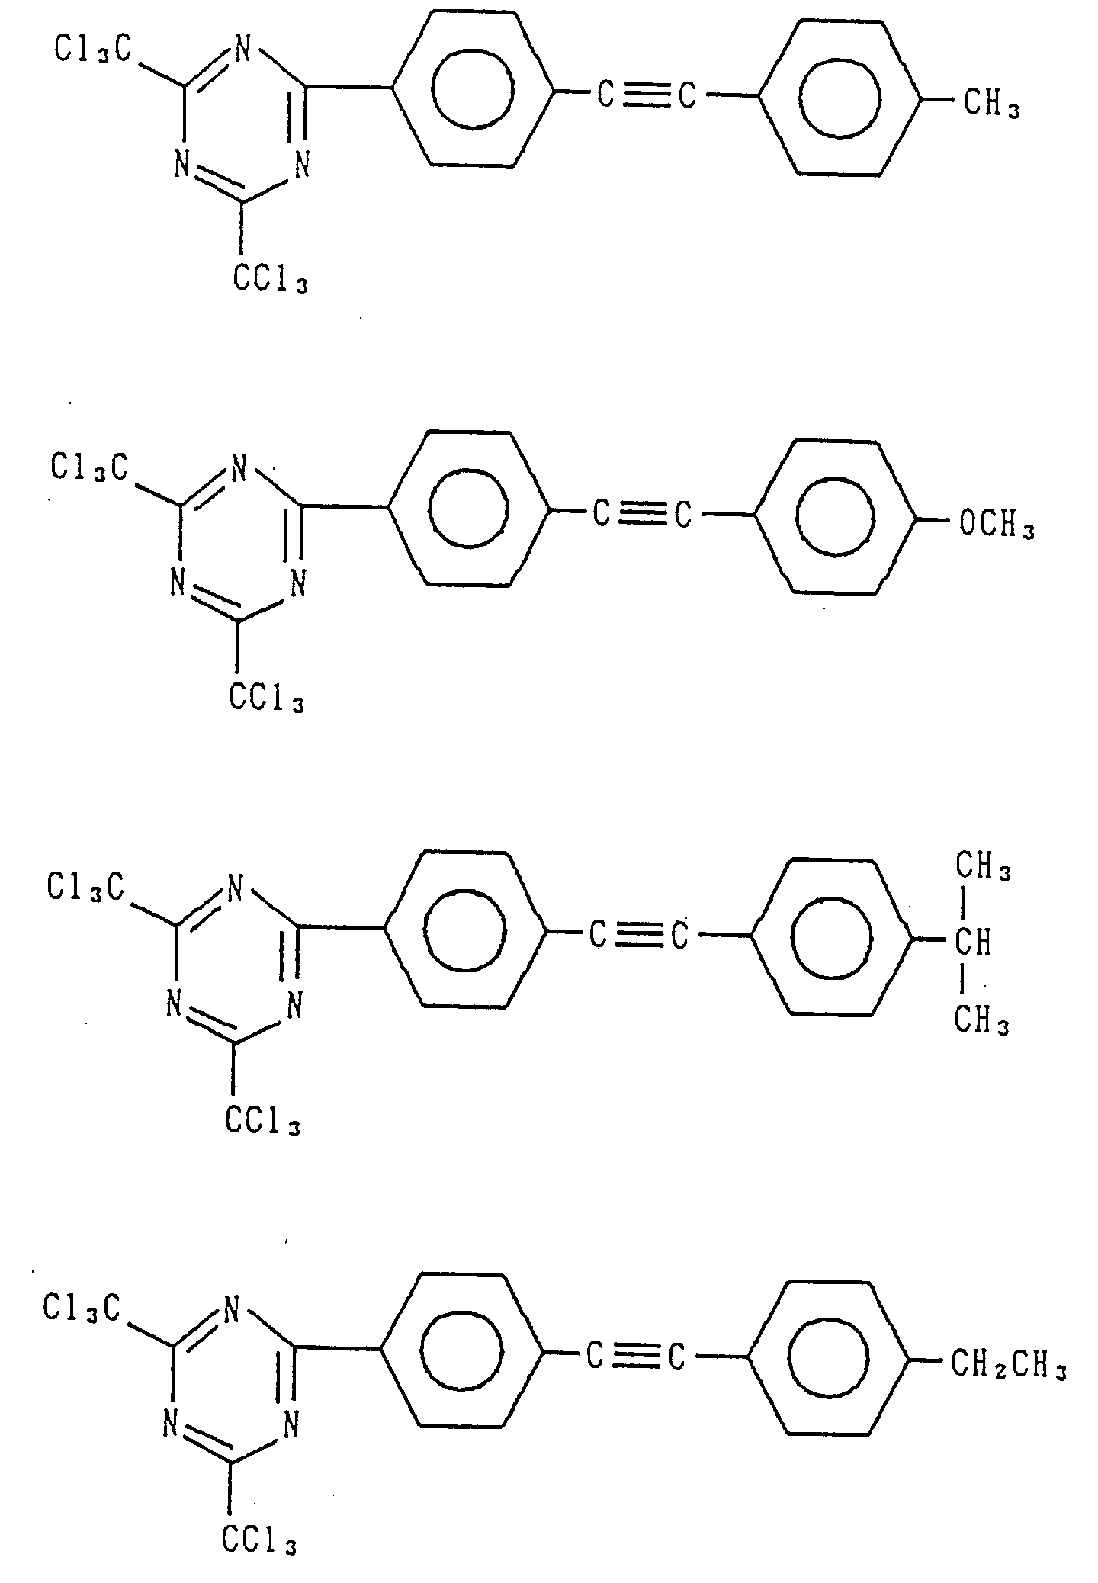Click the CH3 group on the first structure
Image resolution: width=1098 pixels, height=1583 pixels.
click(992, 104)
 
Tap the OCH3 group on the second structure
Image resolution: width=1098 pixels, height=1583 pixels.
click(996, 526)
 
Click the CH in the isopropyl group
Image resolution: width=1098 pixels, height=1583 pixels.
click(974, 943)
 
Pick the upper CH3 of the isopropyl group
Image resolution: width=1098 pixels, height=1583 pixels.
click(983, 868)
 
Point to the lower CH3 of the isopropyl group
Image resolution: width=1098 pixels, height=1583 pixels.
click(982, 1020)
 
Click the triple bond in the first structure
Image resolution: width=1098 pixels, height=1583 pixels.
click(647, 96)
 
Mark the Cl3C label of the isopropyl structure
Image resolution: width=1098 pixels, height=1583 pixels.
click(85, 887)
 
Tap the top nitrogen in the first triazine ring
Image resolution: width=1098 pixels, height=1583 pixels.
click(242, 51)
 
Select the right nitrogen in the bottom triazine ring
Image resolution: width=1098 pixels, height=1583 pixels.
click(291, 1423)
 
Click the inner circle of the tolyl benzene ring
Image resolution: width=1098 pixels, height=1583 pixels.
click(839, 97)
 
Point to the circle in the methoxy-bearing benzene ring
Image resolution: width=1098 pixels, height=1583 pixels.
click(833, 515)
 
